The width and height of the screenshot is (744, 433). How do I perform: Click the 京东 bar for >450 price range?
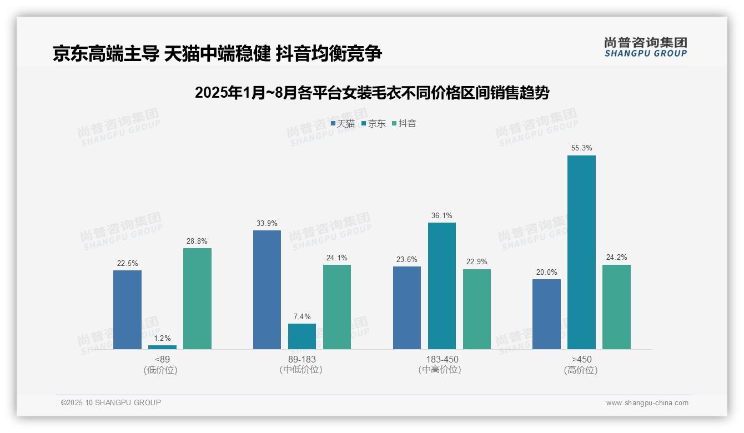[581, 252]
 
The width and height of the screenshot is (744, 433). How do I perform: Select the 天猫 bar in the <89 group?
[127, 310]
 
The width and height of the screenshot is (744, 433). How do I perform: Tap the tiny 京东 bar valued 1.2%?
[162, 347]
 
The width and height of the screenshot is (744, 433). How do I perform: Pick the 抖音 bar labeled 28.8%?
[197, 299]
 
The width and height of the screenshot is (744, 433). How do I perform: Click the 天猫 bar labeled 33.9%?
[267, 290]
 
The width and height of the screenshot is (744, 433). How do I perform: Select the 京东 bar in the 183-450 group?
[442, 286]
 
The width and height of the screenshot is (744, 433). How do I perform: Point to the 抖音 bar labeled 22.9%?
[477, 309]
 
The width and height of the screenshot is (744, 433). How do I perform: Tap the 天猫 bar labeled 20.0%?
[546, 314]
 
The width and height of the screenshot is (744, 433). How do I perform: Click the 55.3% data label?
[581, 148]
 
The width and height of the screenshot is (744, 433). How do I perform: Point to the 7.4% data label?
[302, 316]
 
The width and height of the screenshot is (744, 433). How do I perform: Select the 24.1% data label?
[337, 258]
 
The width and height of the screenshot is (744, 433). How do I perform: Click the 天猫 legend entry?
[343, 124]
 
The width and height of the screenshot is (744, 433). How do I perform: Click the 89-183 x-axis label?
[301, 359]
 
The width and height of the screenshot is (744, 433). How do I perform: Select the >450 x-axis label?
[581, 359]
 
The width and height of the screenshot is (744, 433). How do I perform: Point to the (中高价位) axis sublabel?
[441, 370]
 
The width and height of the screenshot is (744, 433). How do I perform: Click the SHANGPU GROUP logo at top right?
[645, 47]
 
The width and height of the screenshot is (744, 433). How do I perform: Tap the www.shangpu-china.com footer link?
[647, 403]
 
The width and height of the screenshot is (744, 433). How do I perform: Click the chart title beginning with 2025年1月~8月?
[371, 93]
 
